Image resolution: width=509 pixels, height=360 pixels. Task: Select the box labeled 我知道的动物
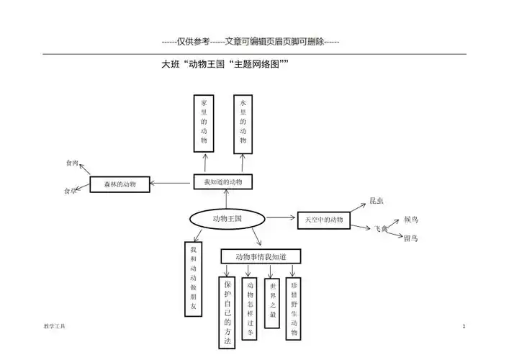pos(223,182)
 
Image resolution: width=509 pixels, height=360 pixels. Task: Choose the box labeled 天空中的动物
pos(323,219)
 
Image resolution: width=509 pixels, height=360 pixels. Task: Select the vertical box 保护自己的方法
pos(228,312)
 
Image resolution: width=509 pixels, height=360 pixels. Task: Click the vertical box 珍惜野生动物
pos(294,308)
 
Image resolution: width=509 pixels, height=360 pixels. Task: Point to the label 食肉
pos(72,163)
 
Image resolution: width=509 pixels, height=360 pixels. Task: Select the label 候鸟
pos(411,218)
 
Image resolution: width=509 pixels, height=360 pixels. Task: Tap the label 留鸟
pos(411,238)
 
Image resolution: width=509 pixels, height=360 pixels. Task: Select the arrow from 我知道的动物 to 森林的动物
pos(173,183)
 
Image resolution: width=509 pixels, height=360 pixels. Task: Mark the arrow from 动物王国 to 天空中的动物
pos(281,218)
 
